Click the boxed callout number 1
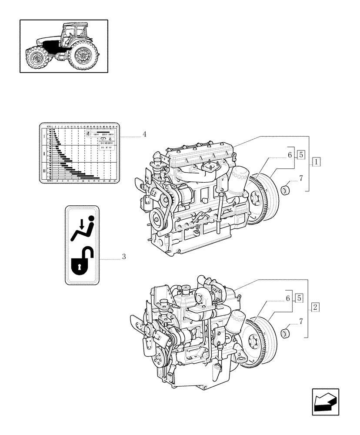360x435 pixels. (316, 162)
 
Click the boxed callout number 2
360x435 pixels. (316, 307)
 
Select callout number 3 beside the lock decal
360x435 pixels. (123, 257)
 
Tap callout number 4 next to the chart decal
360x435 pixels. (144, 134)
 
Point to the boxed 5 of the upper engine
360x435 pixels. (301, 154)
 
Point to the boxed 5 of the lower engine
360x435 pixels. (299, 298)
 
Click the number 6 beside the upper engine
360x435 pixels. (289, 154)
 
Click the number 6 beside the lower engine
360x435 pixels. (288, 298)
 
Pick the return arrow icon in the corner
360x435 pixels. (325, 402)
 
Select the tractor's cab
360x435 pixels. (72, 35)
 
